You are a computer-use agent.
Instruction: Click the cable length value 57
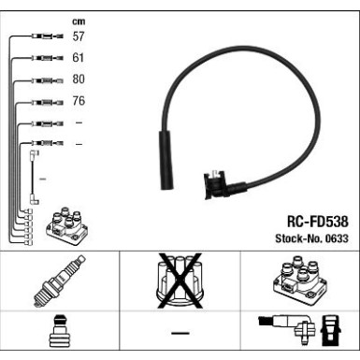pos(79,36)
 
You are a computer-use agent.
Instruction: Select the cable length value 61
pos(79,58)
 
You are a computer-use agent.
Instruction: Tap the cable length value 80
pos(79,79)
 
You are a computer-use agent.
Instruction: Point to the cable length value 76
pos(79,101)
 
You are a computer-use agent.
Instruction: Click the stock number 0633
pos(335,239)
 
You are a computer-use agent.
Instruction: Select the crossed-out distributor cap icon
pos(179,281)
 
